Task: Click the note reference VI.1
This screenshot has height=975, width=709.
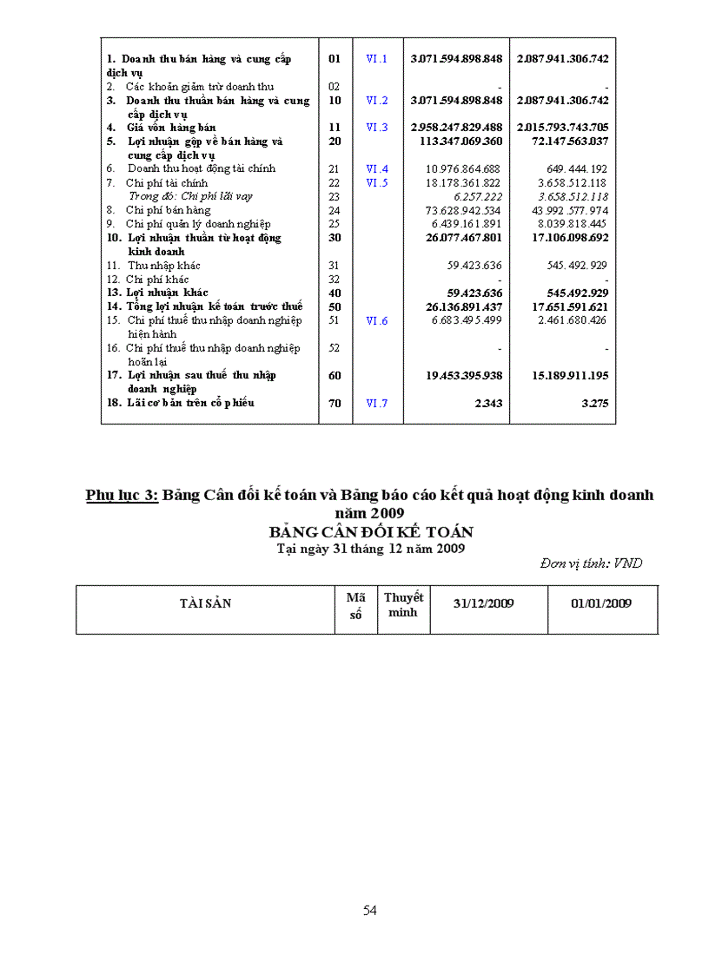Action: coord(376,59)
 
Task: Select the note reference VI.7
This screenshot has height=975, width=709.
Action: coord(376,403)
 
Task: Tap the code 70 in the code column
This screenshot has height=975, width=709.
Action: coord(335,403)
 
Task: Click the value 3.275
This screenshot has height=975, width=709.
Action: coord(593,403)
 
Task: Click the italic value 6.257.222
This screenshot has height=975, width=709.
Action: coord(477,196)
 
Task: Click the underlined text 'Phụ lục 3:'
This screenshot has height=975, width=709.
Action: coord(122,495)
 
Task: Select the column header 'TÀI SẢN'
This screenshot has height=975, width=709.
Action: coord(205,603)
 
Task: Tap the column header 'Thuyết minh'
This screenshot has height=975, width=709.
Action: coord(403,604)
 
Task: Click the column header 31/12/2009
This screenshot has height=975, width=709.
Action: coord(483,603)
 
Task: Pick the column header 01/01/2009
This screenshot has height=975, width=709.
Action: coord(601,603)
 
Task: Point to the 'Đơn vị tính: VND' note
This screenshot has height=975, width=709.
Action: coord(591,563)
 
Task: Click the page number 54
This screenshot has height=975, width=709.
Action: coord(370,910)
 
